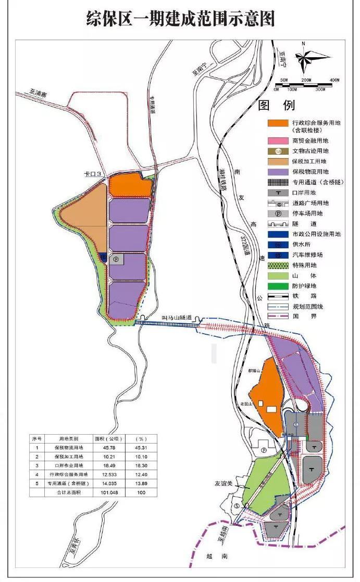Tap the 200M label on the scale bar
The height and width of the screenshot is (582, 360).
(306, 80)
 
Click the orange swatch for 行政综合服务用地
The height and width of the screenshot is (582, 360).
(278, 123)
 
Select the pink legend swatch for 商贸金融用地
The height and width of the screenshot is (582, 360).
(278, 141)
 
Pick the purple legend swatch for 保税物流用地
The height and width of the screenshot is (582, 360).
(278, 172)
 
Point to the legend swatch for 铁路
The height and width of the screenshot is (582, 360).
(278, 296)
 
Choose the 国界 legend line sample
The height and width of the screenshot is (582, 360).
(278, 317)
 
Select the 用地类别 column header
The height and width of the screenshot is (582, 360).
(69, 438)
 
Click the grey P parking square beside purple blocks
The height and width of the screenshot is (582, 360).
(116, 259)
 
